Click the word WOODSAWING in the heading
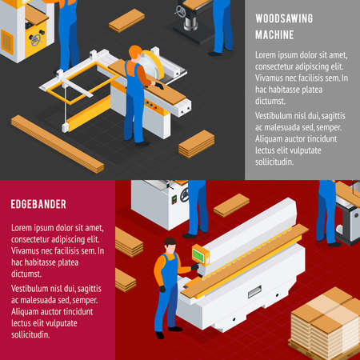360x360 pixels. tap(284, 18)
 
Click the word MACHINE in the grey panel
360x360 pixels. tap(274, 34)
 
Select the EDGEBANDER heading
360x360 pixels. tap(38, 204)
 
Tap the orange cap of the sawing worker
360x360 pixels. tap(135, 50)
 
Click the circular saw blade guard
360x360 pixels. tap(151, 64)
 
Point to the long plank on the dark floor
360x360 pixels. tap(58, 144)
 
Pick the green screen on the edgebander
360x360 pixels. tap(198, 255)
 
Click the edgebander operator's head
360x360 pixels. tap(170, 246)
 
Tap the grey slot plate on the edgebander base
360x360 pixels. tap(254, 291)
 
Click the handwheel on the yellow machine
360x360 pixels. tap(35, 39)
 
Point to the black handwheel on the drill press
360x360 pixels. tap(181, 11)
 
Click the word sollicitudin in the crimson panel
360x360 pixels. tap(30, 334)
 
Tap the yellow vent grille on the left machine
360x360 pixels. tap(7, 42)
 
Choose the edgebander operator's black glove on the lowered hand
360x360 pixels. tap(162, 289)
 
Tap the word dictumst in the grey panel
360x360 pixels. tap(270, 101)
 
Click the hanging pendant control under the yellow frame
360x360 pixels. tap(66, 127)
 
